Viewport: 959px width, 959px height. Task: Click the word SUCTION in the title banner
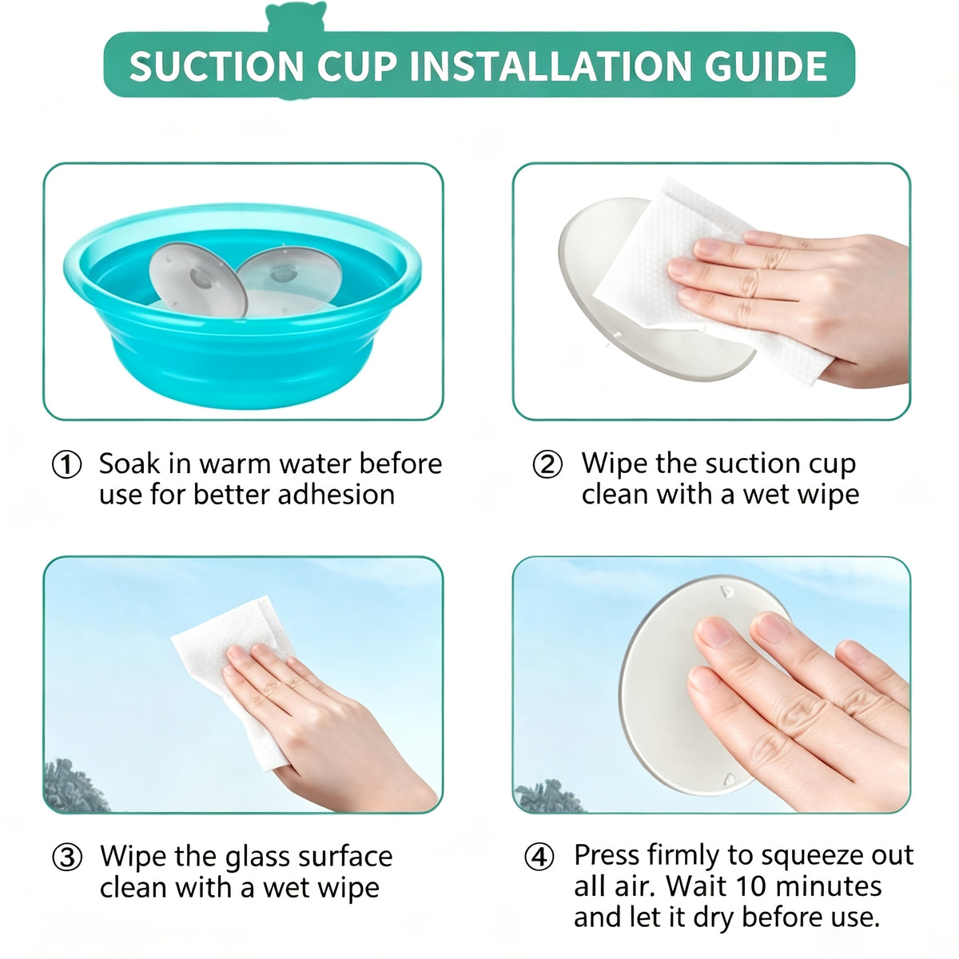click(216, 66)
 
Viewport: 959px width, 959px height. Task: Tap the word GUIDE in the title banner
click(766, 66)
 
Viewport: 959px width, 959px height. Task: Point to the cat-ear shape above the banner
click(296, 17)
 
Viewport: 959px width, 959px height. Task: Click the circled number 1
click(66, 465)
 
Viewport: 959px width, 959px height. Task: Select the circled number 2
click(547, 465)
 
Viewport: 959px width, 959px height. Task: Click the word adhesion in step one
click(336, 495)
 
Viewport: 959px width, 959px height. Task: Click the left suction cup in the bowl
click(198, 280)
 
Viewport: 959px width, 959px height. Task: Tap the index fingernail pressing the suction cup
click(714, 632)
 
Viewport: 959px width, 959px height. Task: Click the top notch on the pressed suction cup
click(726, 591)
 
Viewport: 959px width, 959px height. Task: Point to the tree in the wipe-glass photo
click(74, 786)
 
